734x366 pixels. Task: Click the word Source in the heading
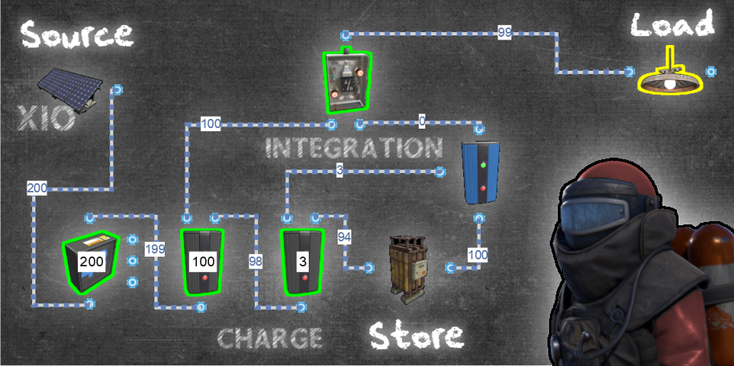coord(76,34)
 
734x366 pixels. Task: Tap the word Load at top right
coord(672,26)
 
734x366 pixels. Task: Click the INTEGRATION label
coord(354,148)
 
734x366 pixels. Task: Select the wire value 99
coord(505,33)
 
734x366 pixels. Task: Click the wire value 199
coord(155,249)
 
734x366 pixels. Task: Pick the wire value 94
coord(344,236)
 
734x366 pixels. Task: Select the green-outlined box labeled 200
coord(90,261)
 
